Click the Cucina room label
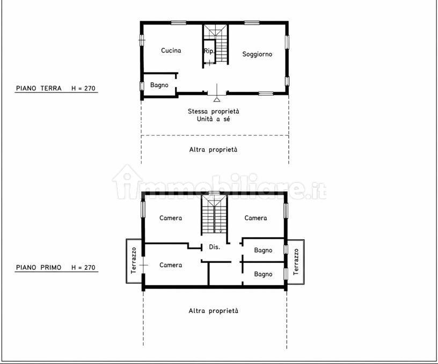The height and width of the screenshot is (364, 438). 171,51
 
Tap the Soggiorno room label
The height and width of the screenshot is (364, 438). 257,54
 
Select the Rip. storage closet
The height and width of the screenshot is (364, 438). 209,51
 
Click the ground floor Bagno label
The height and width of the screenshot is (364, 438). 159,85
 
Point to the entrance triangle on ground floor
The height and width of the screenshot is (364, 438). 217,99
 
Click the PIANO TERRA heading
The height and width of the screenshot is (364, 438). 39,88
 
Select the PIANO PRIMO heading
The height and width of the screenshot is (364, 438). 39,267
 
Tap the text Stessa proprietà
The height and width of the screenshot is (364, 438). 214,111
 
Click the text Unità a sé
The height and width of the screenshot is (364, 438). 214,119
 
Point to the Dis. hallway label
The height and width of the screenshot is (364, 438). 215,247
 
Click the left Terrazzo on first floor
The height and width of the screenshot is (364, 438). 134,261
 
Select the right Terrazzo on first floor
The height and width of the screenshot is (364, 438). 296,262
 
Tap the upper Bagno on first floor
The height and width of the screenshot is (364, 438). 263,250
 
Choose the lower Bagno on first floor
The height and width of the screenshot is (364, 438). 263,274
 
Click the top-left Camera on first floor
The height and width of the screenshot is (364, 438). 171,218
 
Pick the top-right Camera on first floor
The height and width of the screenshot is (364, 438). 255,218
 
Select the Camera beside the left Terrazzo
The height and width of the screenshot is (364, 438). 171,265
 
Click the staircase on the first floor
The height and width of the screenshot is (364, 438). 214,215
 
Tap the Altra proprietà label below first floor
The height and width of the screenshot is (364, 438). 214,311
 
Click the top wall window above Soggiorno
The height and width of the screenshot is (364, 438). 252,23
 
